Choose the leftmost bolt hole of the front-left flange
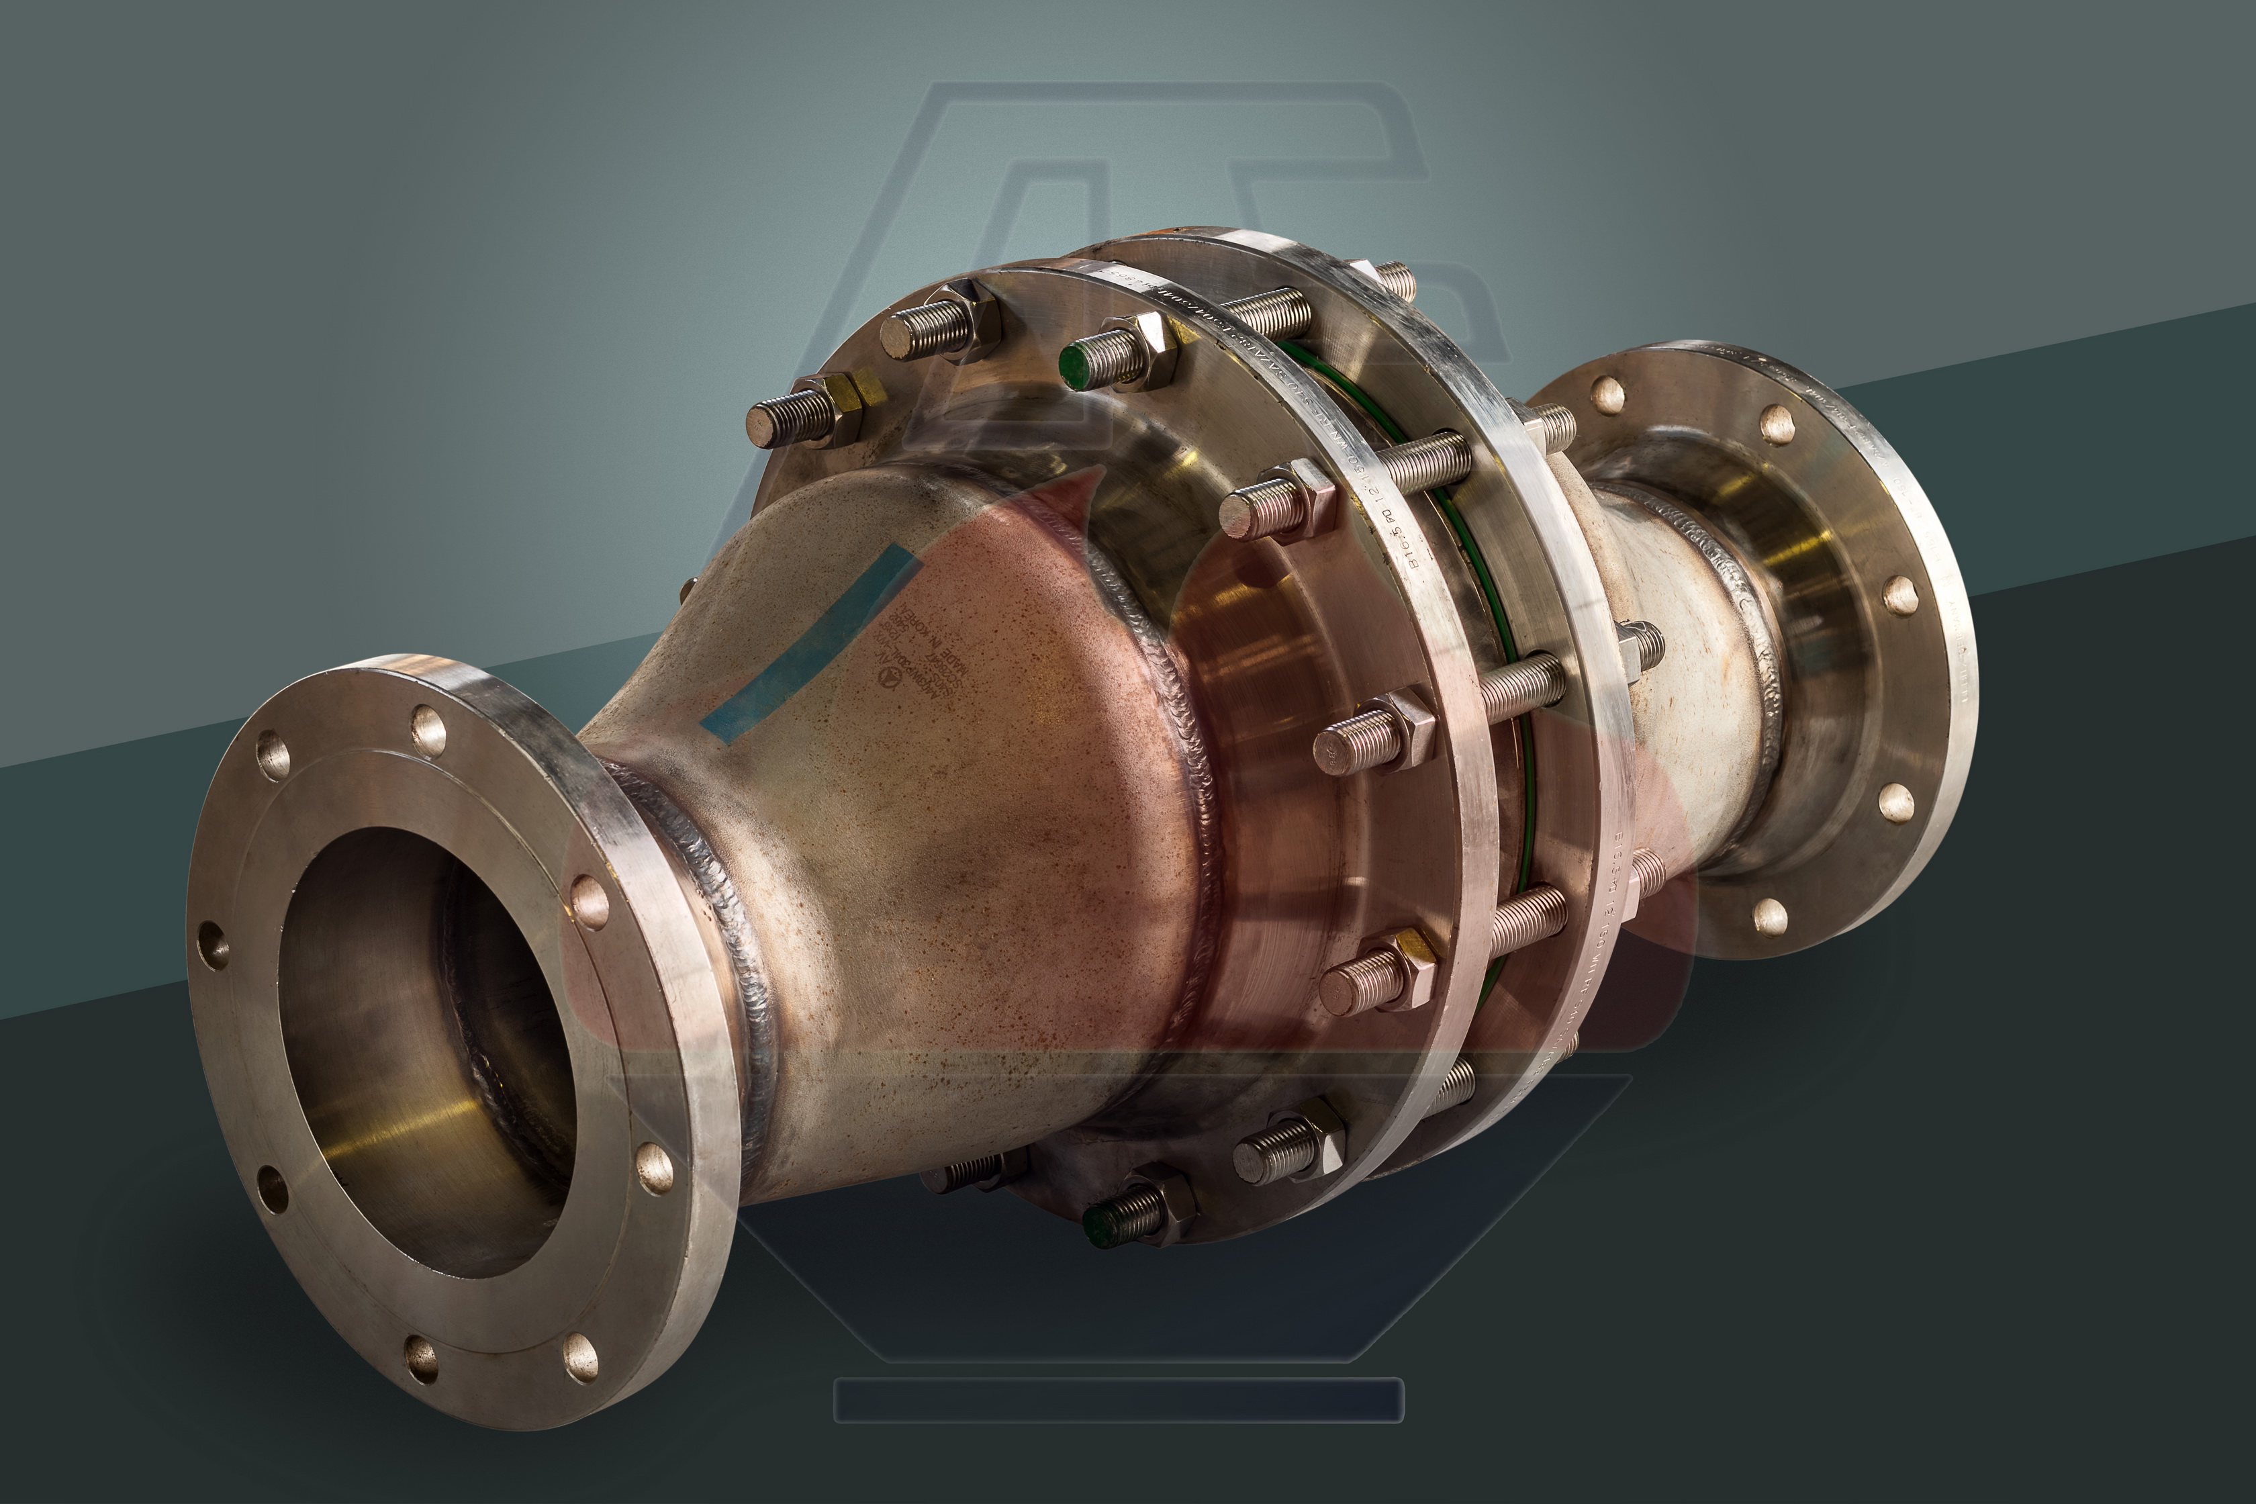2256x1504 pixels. [x=213, y=945]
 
